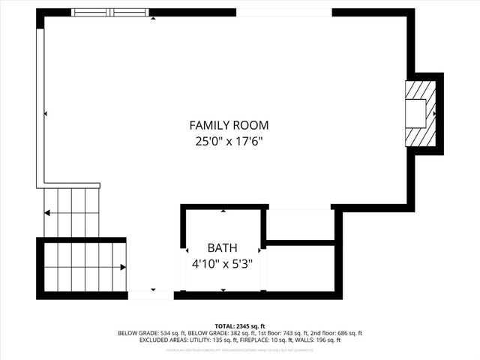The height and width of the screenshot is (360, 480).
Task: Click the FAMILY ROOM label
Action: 229,126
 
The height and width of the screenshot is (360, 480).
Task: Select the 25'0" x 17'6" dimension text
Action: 229,140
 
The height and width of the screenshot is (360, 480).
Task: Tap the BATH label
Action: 222,248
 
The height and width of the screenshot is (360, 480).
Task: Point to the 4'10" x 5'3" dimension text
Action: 222,263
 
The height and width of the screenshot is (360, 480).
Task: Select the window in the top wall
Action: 112,13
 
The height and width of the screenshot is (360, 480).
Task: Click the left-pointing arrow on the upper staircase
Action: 47,213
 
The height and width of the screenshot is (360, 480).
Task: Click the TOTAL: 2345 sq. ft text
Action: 240,326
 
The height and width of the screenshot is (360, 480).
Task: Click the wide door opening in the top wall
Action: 283,13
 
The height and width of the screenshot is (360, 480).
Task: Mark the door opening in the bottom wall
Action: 151,294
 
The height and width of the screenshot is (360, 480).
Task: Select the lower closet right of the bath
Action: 300,267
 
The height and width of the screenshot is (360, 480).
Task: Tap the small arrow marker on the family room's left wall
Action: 46,114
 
